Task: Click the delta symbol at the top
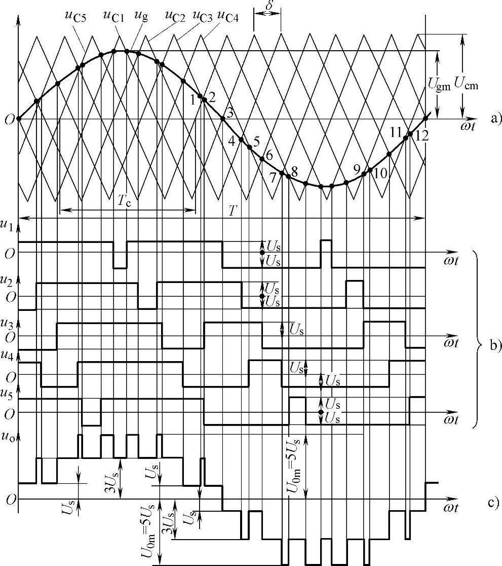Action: (266, 5)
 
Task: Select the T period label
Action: (233, 211)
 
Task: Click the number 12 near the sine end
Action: (419, 135)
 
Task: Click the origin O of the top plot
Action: (9, 120)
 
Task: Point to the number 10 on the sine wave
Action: (380, 172)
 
